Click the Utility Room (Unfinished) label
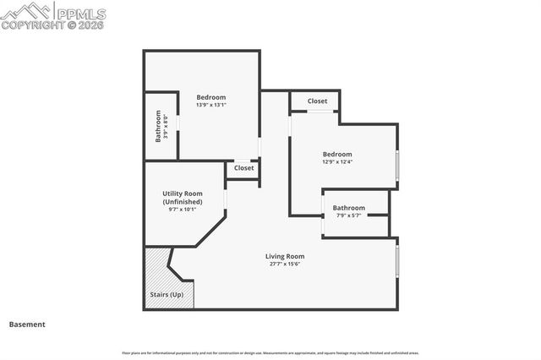click(183, 198)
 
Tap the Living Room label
click(285, 256)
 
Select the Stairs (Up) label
click(167, 294)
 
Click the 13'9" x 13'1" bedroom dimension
click(211, 106)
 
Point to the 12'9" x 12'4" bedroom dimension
click(336, 162)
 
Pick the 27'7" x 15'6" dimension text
click(285, 265)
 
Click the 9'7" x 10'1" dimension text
click(183, 210)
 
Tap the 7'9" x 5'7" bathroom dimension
click(348, 215)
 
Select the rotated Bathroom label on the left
click(158, 128)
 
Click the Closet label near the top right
click(317, 101)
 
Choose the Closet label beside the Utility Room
click(243, 168)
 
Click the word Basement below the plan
click(27, 325)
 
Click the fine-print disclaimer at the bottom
click(270, 352)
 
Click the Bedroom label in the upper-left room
click(211, 96)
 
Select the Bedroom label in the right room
click(336, 154)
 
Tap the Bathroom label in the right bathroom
click(348, 208)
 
